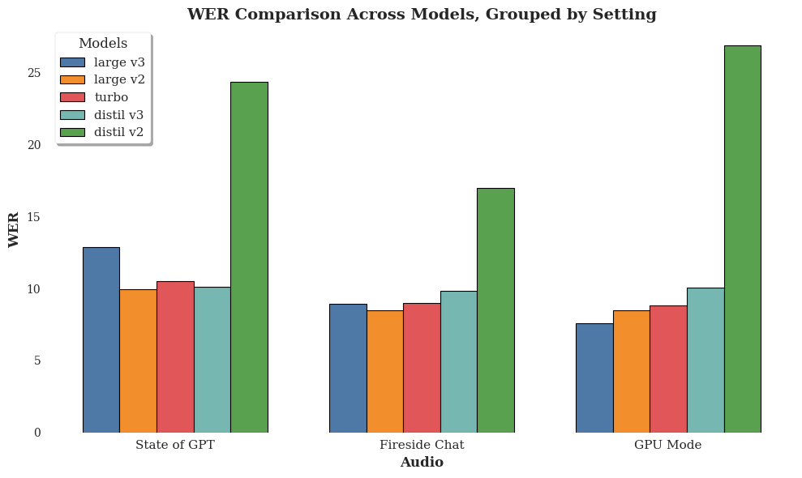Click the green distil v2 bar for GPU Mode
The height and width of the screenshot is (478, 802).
[742, 239]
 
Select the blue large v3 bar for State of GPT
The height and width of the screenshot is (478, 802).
[101, 340]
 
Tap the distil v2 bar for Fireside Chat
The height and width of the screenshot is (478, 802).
[495, 310]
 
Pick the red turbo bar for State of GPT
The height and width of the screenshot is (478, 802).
[175, 356]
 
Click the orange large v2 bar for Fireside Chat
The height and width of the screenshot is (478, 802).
[384, 371]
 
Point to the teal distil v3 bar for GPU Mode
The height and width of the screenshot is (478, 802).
[706, 360]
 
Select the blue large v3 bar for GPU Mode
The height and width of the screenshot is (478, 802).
[594, 378]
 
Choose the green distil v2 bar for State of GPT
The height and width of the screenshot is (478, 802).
[249, 257]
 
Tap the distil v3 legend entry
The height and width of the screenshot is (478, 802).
[118, 115]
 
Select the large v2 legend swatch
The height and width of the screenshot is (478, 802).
[72, 79]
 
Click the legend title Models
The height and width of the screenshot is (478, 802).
[103, 44]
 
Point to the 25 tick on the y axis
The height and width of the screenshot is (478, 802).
[33, 73]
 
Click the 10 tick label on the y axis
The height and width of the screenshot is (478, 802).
[33, 289]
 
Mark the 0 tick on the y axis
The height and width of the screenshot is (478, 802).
[37, 433]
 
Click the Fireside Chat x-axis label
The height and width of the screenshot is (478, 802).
[422, 445]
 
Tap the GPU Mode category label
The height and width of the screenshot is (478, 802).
[667, 445]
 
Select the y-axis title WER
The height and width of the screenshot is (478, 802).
[14, 229]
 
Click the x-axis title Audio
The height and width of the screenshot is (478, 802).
[422, 463]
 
